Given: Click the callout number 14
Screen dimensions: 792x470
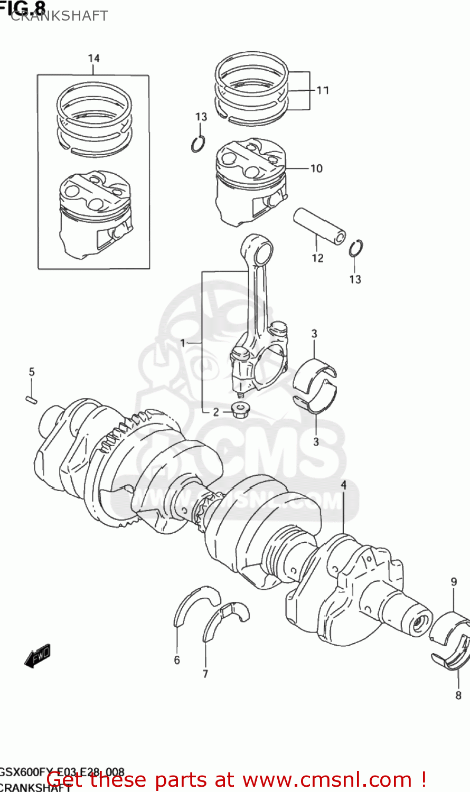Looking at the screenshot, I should click(x=93, y=58).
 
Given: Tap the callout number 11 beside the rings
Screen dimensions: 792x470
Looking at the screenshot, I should click(x=323, y=90).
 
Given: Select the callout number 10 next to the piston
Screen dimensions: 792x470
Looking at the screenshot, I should click(x=316, y=168).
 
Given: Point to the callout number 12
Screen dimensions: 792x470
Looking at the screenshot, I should click(x=317, y=258).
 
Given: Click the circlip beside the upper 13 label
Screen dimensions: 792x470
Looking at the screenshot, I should click(x=198, y=144).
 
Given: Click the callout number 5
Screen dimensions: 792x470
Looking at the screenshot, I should click(x=32, y=372).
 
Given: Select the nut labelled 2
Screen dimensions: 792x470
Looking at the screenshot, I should click(x=241, y=409).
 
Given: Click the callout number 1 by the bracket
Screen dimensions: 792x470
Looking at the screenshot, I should click(x=183, y=343).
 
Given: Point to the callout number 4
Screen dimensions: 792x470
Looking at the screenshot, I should click(x=343, y=485).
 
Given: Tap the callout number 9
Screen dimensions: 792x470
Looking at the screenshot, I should click(x=454, y=582).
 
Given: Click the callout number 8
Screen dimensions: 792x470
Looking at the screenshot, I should click(x=458, y=695).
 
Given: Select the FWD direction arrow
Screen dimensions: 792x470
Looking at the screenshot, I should click(x=37, y=657).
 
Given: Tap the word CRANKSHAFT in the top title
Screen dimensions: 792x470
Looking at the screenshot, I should click(x=59, y=16).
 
